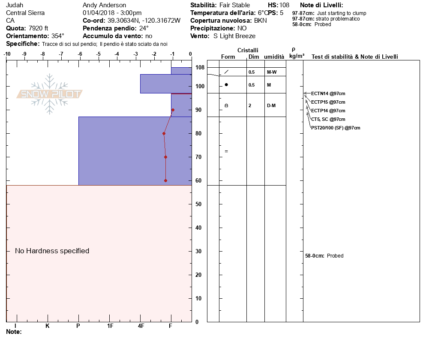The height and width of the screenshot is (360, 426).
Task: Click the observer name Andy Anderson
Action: tap(104, 5)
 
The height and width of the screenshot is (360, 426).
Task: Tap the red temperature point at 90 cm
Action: tap(173, 110)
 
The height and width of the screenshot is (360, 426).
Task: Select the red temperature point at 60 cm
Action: tap(165, 180)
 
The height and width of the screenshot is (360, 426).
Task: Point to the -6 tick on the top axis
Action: tap(80, 54)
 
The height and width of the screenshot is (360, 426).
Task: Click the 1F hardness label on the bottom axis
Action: tap(110, 326)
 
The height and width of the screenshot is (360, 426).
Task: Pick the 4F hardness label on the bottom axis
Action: tap(141, 326)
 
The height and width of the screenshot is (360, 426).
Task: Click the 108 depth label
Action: tap(200, 68)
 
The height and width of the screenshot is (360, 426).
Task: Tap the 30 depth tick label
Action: tap(198, 251)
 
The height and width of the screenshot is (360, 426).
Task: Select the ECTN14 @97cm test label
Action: tap(328, 93)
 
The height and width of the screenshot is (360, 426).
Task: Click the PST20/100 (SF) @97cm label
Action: tap(336, 128)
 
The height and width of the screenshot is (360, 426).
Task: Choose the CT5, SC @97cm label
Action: tap(328, 119)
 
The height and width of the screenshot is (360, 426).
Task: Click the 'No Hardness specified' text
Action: tap(52, 251)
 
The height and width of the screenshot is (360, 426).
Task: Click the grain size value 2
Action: tap(250, 105)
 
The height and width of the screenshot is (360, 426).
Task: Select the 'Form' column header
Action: tap(228, 57)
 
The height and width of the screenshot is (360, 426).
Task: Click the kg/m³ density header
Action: tap(297, 56)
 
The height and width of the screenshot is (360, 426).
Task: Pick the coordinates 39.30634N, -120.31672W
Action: tap(144, 21)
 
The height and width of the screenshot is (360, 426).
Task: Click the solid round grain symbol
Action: tap(226, 85)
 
